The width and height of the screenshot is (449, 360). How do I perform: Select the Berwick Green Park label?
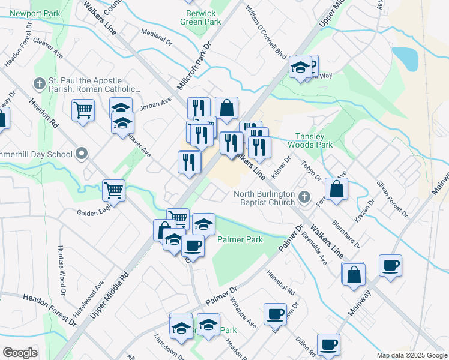click(200, 17)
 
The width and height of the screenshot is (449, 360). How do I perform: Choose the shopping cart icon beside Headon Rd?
click(83, 109)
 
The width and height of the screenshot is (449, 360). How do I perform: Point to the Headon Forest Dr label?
click(50, 310)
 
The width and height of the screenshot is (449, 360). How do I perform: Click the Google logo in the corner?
click(20, 352)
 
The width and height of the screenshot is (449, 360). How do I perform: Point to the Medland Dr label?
click(156, 36)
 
